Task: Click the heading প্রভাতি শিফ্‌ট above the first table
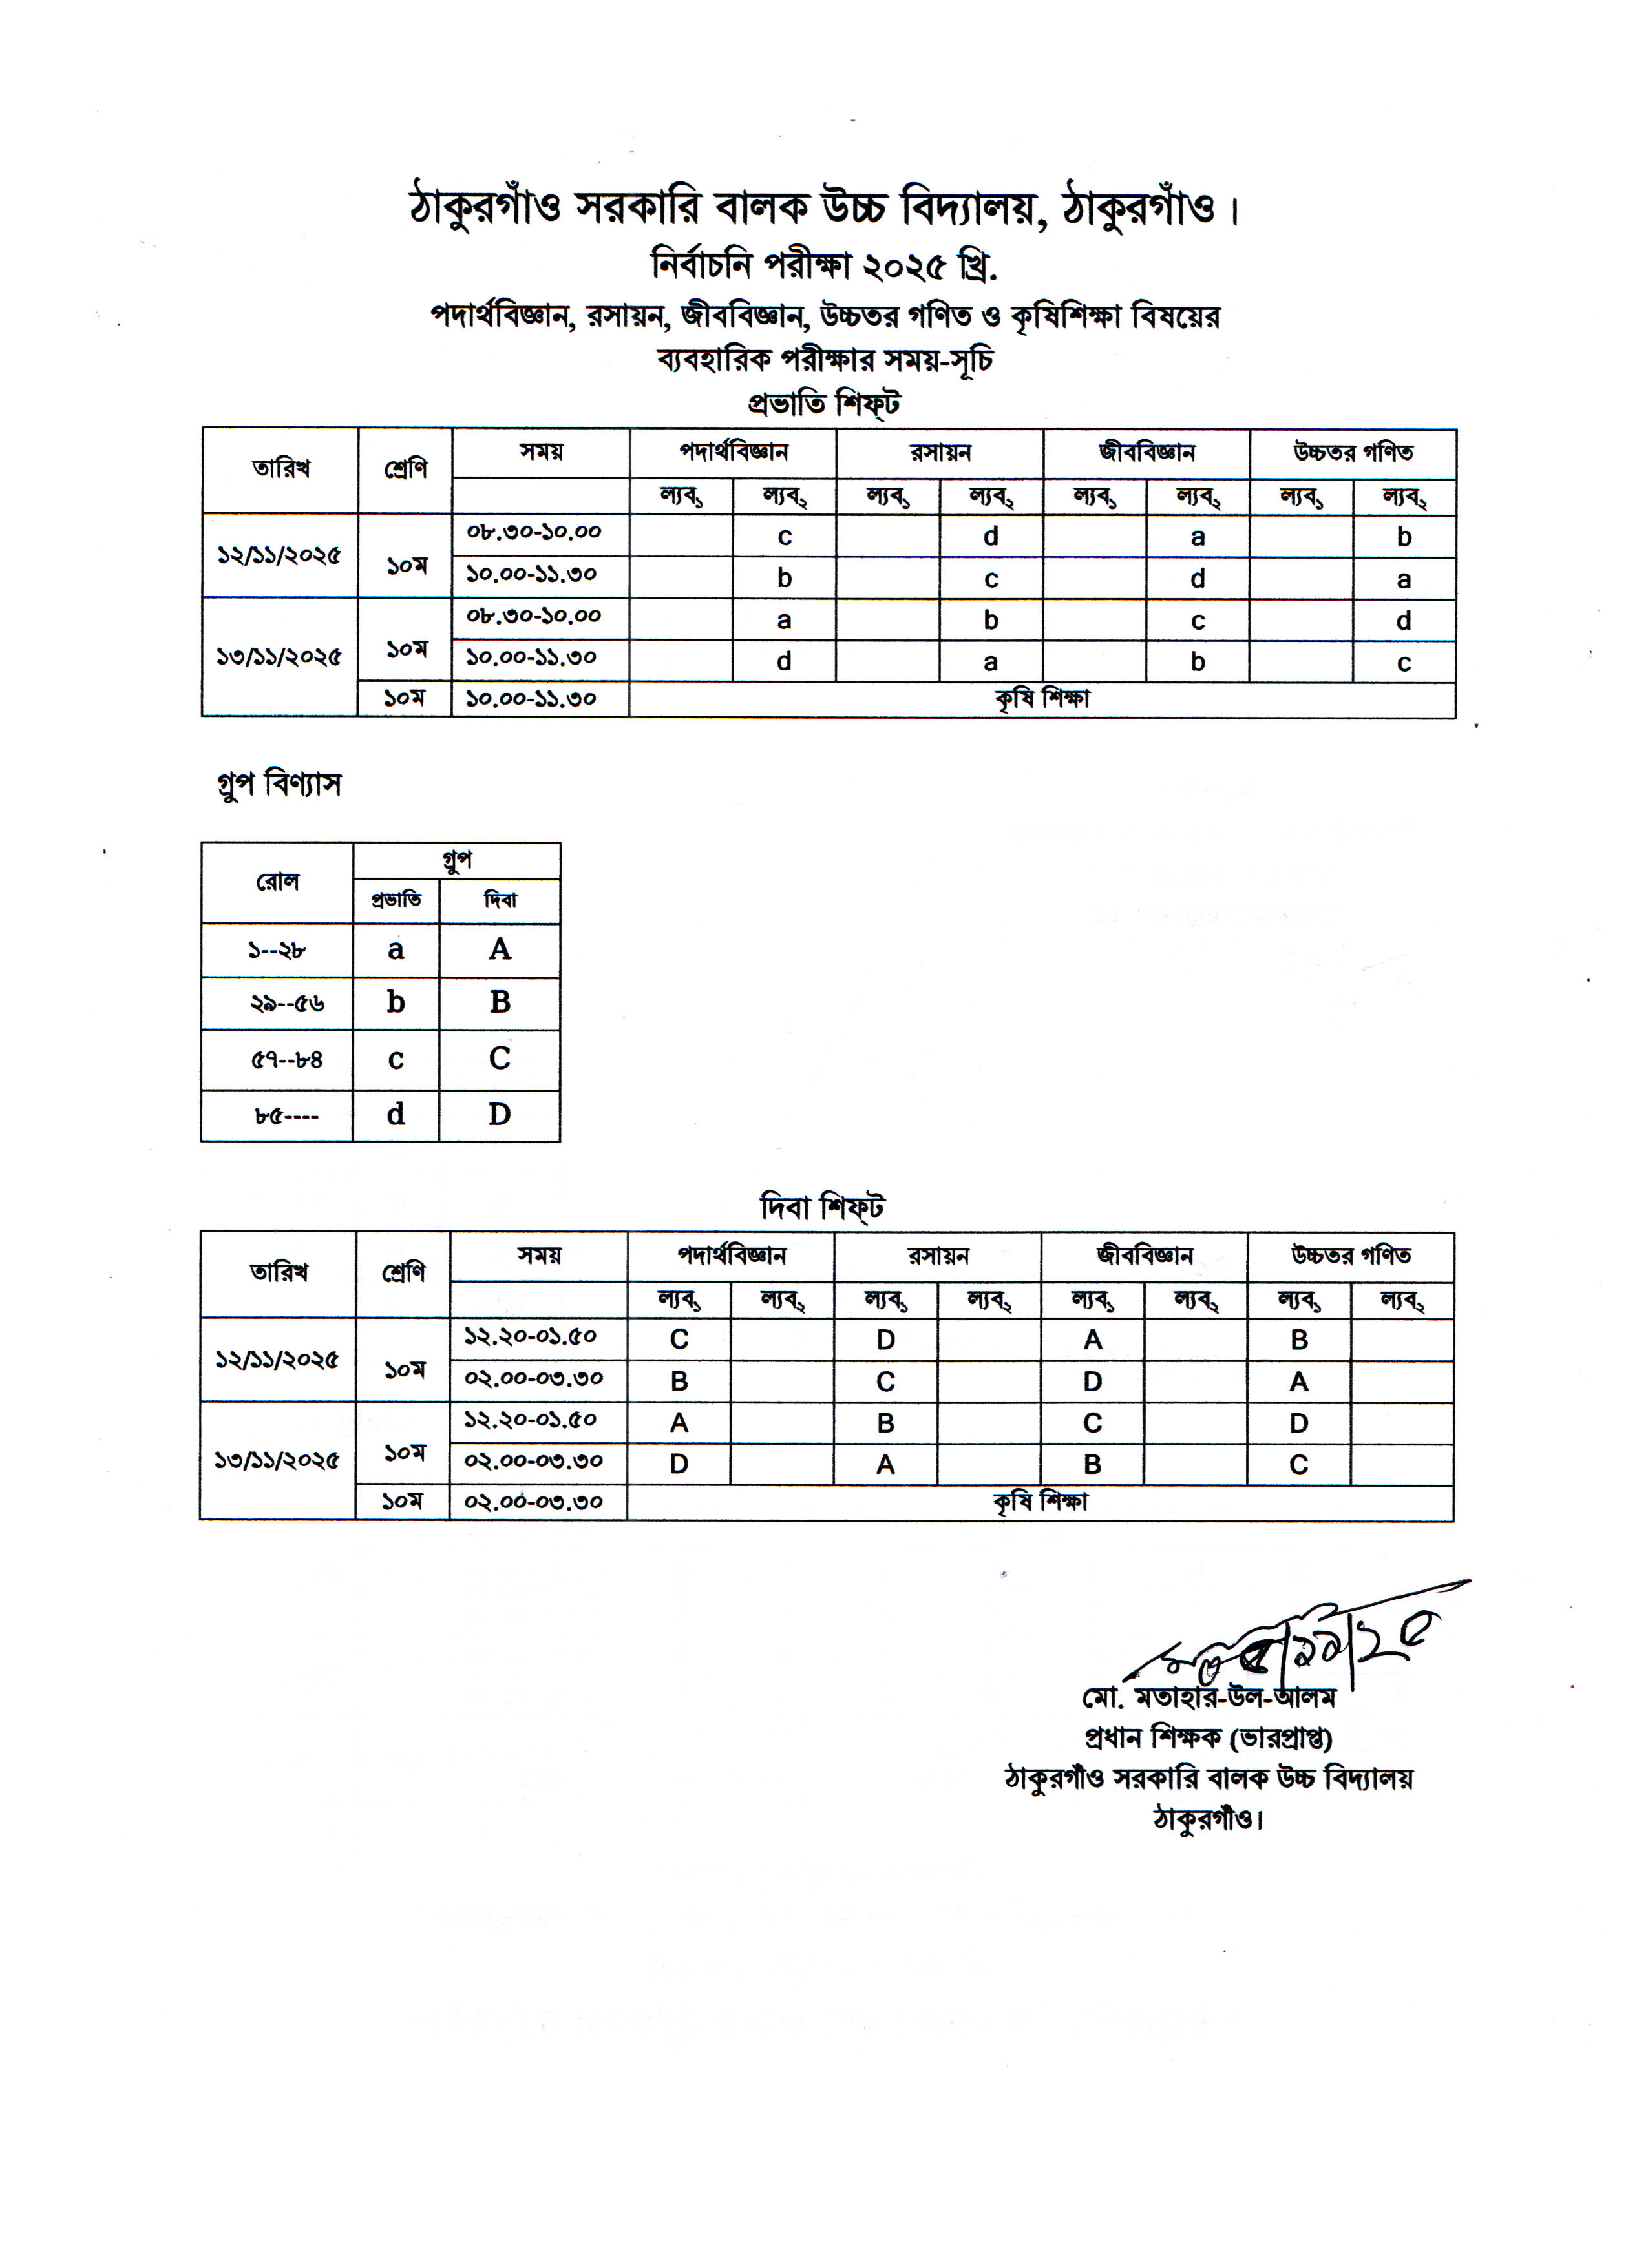824,404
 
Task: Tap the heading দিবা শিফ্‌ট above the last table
822,1208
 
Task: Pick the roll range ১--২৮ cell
277,949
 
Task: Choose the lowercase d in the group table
396,1115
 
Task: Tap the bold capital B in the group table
500,1002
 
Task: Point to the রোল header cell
277,882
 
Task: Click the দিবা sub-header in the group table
500,900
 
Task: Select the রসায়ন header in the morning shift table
940,453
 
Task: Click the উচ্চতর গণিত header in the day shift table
1351,1256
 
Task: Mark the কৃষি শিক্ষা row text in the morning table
1042,699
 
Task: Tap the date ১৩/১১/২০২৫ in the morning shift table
280,657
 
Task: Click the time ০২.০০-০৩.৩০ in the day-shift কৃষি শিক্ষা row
533,1502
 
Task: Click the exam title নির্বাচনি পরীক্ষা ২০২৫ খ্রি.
824,266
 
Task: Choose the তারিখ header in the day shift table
279,1272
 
